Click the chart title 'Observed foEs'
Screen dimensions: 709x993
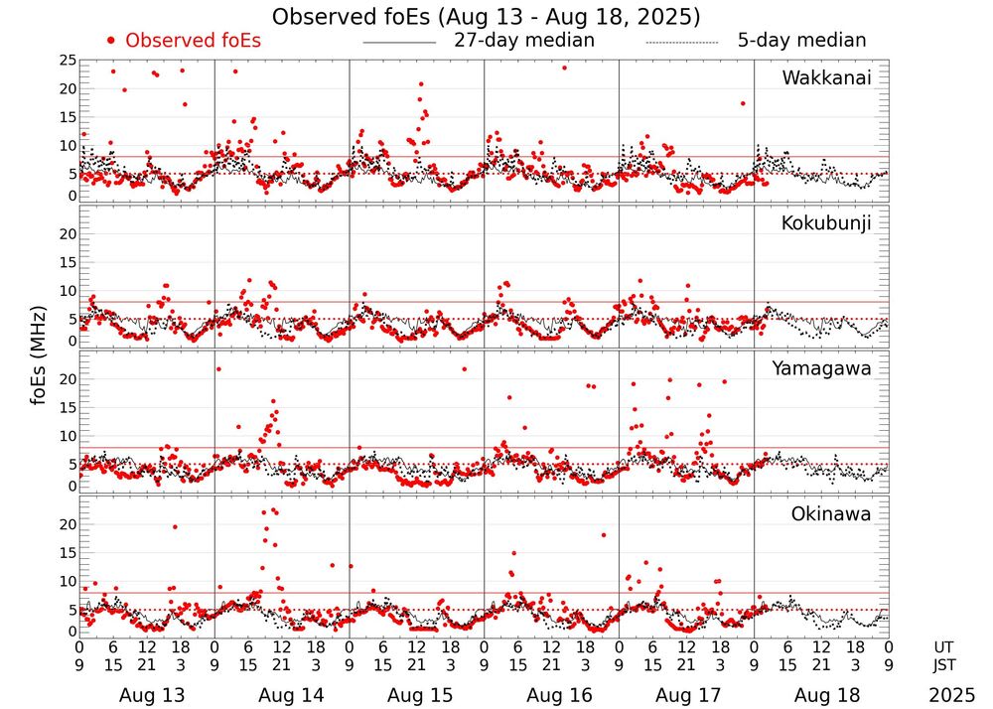point(486,17)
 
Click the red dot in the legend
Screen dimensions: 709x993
point(111,41)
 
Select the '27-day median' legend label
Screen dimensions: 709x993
point(524,41)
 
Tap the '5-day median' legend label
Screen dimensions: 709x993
point(802,41)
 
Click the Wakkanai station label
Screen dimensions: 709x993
point(826,78)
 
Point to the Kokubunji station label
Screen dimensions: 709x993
point(826,223)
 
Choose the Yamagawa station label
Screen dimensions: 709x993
point(821,368)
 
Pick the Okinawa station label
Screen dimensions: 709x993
point(830,513)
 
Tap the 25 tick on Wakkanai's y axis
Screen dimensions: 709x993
point(67,61)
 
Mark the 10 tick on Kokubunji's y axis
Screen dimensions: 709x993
point(67,291)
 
